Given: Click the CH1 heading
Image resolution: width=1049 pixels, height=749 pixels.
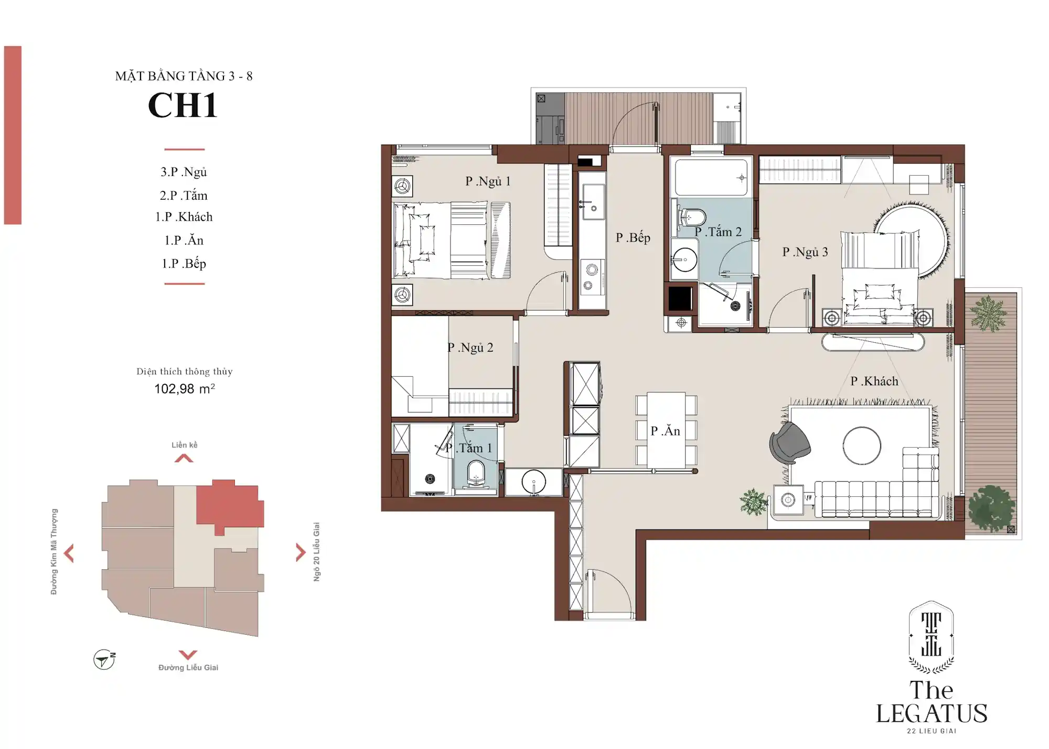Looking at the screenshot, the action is [x=183, y=105].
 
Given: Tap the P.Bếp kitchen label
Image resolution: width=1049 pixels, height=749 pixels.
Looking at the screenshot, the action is [x=633, y=237].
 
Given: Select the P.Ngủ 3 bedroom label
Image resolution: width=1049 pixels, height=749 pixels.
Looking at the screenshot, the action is [x=805, y=252].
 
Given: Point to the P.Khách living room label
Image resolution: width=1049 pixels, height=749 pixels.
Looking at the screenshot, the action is [x=874, y=381].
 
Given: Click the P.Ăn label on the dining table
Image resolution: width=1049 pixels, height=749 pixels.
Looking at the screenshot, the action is [x=666, y=430].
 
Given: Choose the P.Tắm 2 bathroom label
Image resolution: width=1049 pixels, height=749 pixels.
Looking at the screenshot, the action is [x=718, y=232].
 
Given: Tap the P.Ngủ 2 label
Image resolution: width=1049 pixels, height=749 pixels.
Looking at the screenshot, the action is [x=470, y=348].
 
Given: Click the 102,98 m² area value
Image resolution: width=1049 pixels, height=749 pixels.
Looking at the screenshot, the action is [x=185, y=388].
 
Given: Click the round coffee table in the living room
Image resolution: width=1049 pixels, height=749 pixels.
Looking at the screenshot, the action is [x=862, y=446].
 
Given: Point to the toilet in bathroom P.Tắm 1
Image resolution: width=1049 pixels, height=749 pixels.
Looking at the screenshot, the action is [x=476, y=473].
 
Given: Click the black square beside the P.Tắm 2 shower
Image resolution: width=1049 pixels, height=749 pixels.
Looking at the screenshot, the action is [x=680, y=299].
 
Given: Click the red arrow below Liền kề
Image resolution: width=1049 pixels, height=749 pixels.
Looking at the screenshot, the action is [x=184, y=459].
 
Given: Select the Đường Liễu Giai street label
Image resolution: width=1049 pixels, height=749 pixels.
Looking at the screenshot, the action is [x=188, y=667].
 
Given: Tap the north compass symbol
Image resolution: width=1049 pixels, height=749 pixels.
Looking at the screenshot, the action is [x=104, y=659].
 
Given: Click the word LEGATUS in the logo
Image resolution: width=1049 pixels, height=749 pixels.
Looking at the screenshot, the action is [x=932, y=714].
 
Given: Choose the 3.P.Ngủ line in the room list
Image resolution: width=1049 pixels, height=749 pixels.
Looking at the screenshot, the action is [x=184, y=172].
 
